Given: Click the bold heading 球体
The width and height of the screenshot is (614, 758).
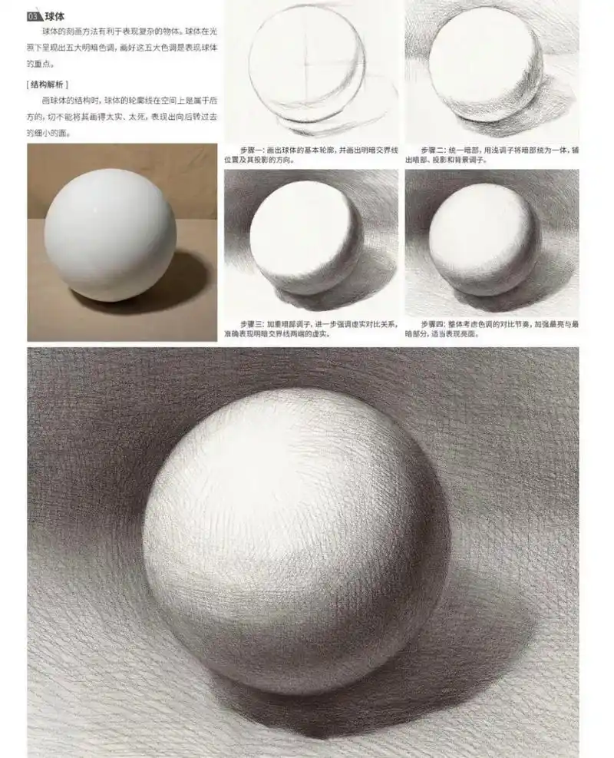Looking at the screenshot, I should [54, 15].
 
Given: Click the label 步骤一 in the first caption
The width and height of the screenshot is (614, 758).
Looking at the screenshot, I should [251, 149].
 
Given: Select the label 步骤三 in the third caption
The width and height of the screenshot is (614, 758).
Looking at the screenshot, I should [251, 324].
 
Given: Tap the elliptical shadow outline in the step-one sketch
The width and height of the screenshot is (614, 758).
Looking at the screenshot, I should [338, 123].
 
